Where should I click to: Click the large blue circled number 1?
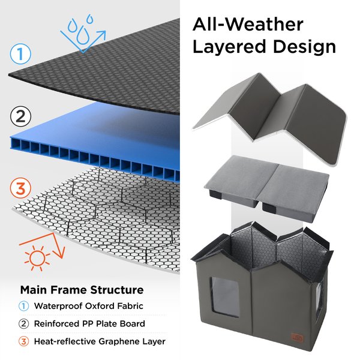[x=20, y=54]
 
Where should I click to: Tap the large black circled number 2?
[x=20, y=116]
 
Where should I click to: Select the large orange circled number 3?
[x=20, y=188]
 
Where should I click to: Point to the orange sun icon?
[x=37, y=258]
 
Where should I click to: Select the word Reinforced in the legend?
[x=56, y=323]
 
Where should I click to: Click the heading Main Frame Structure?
[x=82, y=290]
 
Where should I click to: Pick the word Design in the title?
[x=304, y=47]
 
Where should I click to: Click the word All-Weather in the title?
[x=248, y=25]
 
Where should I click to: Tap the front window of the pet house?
[x=225, y=297]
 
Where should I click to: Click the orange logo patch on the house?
[x=298, y=338]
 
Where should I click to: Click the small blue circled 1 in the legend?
[x=23, y=306]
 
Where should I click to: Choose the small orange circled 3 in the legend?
[x=23, y=341]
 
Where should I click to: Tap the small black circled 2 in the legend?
[x=23, y=324]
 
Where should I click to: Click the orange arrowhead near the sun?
[x=59, y=252]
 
